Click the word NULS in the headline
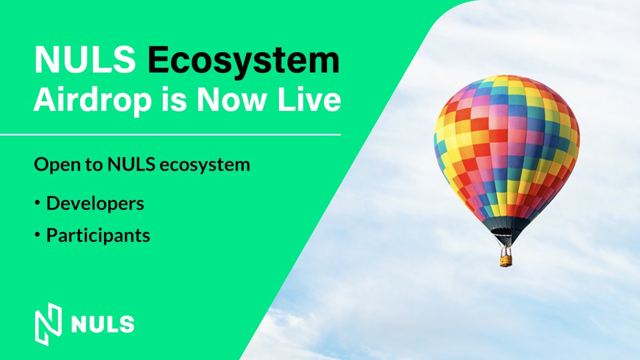85,60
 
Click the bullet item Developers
95,203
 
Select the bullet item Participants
98,235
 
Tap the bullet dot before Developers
37,204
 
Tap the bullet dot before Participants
37,235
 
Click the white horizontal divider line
171,135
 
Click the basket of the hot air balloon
506,260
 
